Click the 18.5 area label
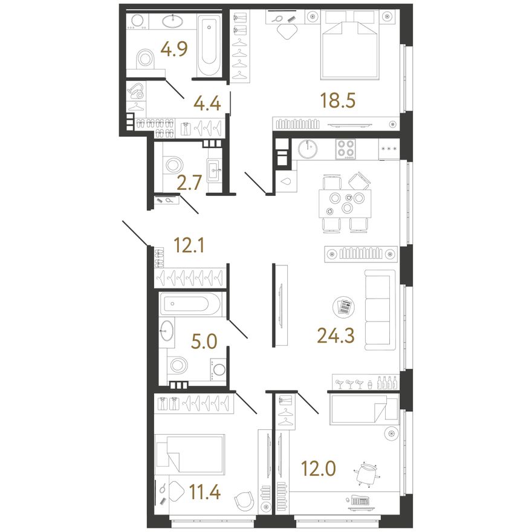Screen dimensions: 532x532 338,100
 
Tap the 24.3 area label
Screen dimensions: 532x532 336,336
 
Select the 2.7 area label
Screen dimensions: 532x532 190,183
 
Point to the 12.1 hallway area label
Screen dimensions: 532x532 189,245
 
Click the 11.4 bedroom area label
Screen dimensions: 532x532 205,492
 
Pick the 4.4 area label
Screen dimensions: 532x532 207,103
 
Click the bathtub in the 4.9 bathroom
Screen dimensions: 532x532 209,45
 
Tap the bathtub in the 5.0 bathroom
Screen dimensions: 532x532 190,304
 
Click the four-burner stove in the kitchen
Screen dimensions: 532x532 346,149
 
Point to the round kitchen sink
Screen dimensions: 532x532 308,149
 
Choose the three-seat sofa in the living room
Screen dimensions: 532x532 380,310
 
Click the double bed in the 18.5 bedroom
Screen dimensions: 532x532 350,45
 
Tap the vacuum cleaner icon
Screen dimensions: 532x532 136,92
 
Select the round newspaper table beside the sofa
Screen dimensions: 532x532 344,307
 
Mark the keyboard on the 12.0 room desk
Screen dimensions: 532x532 360,500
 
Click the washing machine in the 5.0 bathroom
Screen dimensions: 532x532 218,369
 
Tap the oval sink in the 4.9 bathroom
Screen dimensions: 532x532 173,21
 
